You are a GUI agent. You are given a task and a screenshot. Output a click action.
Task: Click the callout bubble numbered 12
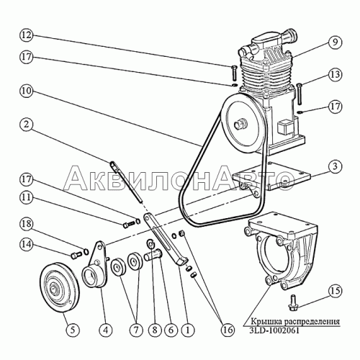(x=26, y=35)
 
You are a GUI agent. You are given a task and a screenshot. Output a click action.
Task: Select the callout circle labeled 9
(x=335, y=42)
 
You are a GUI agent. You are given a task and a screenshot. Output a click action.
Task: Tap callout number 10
(x=26, y=91)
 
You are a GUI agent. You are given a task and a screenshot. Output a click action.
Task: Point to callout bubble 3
(x=335, y=166)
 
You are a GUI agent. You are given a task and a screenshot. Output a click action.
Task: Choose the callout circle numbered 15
(x=335, y=291)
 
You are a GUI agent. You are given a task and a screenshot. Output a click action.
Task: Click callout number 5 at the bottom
(x=73, y=330)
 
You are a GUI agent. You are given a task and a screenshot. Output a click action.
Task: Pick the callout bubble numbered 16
(x=228, y=330)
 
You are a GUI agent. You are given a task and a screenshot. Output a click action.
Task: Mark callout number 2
(x=26, y=125)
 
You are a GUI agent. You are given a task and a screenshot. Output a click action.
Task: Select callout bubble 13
(x=335, y=75)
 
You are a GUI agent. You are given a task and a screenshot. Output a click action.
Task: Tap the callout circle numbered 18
(x=26, y=224)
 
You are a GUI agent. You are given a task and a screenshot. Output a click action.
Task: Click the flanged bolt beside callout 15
(x=293, y=302)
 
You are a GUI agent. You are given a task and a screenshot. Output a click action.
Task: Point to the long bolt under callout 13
(x=299, y=94)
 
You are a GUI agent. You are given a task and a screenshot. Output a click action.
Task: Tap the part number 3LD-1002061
(x=274, y=330)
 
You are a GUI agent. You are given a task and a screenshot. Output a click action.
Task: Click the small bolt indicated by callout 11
(x=129, y=225)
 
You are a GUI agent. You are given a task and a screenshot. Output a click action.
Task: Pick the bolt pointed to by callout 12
(x=235, y=73)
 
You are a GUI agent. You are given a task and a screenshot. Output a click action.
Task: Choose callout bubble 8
(x=155, y=330)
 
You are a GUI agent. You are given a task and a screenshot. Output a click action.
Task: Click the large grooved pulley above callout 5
(x=59, y=287)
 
